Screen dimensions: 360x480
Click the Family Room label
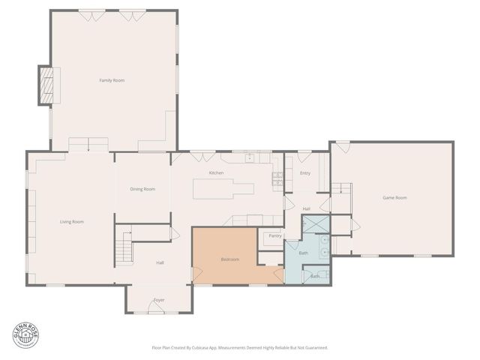point(112,79)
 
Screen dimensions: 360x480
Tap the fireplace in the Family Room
point(47,85)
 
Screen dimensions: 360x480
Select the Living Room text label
point(72,221)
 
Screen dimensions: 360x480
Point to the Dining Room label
point(142,189)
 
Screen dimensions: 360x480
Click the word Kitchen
point(216,173)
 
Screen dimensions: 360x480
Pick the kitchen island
point(223,189)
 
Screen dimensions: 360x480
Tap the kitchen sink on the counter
point(249,157)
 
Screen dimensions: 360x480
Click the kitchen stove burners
point(277,178)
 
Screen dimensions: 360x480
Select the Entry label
point(305,173)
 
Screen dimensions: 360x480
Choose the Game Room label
point(394,197)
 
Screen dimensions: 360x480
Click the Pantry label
point(274,235)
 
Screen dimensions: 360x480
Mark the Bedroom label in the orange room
point(229,259)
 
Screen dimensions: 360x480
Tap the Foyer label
point(159,300)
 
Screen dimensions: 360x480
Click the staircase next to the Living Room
point(124,247)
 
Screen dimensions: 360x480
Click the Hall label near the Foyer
point(160,262)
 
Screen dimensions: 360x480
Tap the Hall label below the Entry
point(306,208)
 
